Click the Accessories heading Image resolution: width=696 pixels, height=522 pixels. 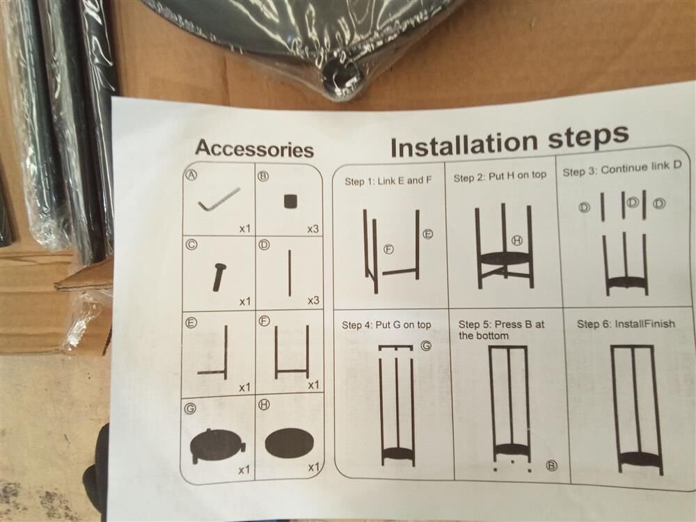(254, 148)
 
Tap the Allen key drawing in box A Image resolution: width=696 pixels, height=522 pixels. (219, 200)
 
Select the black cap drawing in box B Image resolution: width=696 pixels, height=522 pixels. (290, 201)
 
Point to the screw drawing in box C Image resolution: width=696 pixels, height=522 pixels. (219, 277)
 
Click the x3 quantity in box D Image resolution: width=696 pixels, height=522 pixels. (313, 301)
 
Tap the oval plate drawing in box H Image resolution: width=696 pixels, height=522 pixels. (290, 442)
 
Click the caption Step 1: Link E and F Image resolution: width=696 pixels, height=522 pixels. (388, 181)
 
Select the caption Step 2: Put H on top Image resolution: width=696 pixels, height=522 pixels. (500, 177)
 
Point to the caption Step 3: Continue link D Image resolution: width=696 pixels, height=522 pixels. (622, 168)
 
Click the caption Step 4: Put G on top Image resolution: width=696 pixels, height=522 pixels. (386, 325)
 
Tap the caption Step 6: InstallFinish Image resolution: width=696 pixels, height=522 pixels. (626, 324)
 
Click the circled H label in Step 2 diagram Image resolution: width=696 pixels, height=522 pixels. (518, 241)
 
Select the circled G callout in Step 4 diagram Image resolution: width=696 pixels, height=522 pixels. (426, 345)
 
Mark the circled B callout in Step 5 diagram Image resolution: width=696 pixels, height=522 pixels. (551, 466)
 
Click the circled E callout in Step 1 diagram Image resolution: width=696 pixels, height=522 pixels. (427, 234)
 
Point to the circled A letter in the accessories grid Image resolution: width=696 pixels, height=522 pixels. (191, 175)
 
